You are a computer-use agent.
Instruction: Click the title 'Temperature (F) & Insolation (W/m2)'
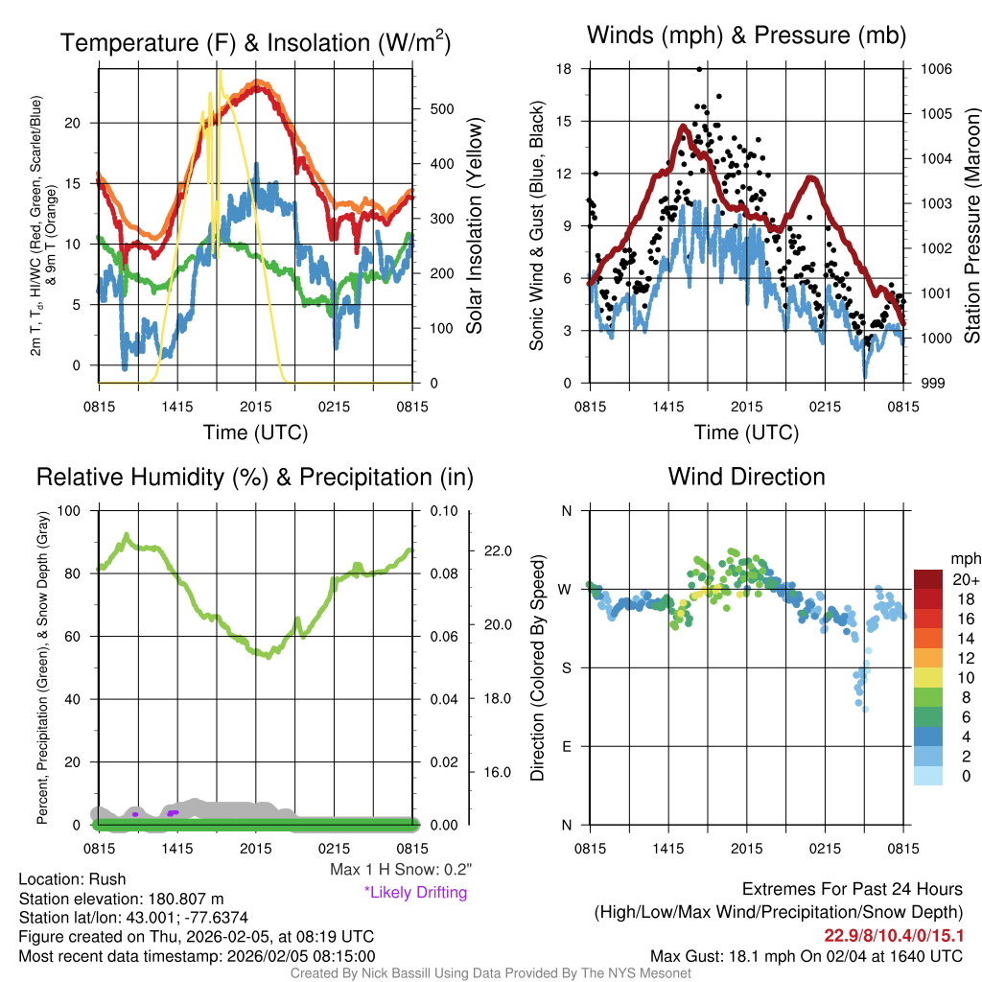pos(256,43)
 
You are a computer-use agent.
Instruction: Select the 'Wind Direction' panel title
pos(746,477)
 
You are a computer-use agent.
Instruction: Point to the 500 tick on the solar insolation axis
pos(440,109)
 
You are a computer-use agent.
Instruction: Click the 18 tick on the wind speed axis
pos(564,69)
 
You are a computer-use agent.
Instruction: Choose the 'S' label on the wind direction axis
pos(567,667)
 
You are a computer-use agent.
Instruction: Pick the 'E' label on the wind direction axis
pos(567,746)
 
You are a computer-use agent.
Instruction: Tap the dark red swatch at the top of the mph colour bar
pos(929,579)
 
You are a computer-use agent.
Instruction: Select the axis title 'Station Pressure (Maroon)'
pos(971,225)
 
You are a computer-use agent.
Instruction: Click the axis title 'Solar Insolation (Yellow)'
pos(474,225)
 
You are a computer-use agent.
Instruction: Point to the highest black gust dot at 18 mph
pos(700,69)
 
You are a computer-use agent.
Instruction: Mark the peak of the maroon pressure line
pos(683,126)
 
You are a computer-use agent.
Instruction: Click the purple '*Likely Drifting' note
pos(415,892)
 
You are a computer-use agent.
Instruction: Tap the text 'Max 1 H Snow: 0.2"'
pos(400,870)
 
